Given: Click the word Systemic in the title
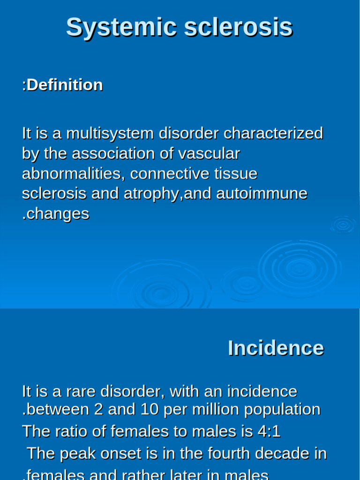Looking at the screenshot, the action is [x=121, y=28].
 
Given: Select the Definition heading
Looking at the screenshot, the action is [x=62, y=85].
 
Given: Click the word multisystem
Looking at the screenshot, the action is [x=110, y=134].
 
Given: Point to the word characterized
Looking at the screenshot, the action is [x=273, y=134].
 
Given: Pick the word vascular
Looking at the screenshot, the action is [x=209, y=154].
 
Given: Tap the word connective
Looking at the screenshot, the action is [x=170, y=174].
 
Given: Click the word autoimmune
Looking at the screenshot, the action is [x=262, y=194].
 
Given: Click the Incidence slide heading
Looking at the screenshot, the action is [x=276, y=348].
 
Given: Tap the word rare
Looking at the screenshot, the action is [x=81, y=391].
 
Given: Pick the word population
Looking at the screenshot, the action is [x=282, y=410].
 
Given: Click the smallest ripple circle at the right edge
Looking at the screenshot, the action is [x=343, y=225].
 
